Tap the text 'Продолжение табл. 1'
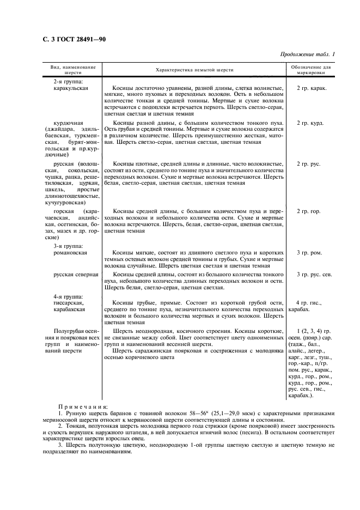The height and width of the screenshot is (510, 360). [x=307, y=54]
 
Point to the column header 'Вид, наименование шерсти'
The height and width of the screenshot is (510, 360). [x=72, y=70]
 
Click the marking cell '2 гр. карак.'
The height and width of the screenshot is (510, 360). [x=312, y=88]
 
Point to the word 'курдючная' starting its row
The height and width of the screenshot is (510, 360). [x=69, y=123]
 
